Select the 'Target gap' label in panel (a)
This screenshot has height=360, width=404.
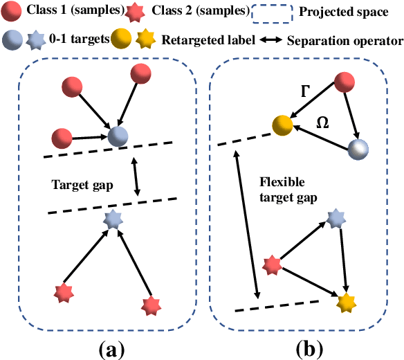82,185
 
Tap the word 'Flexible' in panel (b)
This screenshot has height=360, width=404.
279,183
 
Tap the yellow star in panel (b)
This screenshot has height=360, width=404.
345,302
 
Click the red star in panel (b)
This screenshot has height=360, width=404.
271,264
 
